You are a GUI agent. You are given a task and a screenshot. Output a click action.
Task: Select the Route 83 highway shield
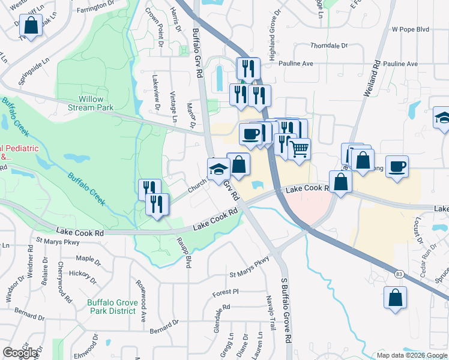pyautogui.click(x=399, y=274)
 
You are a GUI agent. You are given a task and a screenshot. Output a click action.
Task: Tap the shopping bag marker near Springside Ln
pyautogui.click(x=30, y=26)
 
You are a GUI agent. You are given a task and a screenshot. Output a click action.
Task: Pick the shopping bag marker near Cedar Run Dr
pyautogui.click(x=396, y=298)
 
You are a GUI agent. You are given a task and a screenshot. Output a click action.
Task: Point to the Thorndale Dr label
pyautogui.click(x=329, y=46)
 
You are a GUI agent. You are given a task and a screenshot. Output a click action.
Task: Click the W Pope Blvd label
pyautogui.click(x=411, y=29)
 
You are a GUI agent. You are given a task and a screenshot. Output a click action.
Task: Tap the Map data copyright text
pyautogui.click(x=412, y=355)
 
